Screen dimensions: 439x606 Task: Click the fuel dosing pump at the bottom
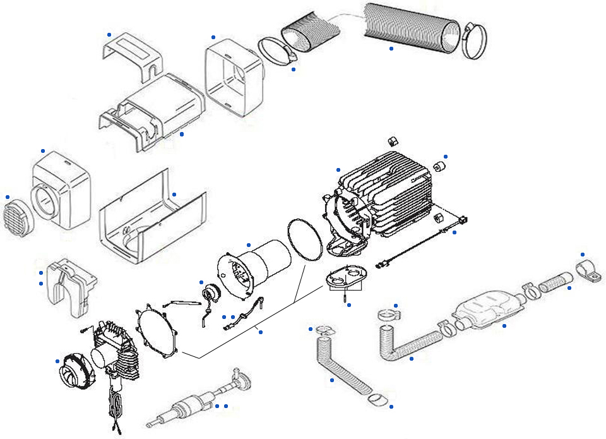pyautogui.click(x=189, y=404)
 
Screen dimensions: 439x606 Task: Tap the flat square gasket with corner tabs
pyautogui.click(x=158, y=328)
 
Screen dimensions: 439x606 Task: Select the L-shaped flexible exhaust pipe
pyautogui.click(x=404, y=344)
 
